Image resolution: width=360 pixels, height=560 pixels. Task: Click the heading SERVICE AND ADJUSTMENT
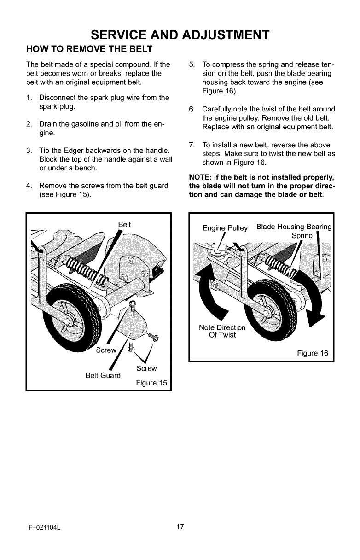(180, 35)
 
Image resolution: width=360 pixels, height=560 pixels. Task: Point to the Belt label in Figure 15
(124, 224)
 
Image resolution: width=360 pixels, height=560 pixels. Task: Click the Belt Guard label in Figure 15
(103, 375)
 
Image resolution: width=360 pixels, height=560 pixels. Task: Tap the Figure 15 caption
(151, 383)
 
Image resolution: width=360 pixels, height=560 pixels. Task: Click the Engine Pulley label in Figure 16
(225, 228)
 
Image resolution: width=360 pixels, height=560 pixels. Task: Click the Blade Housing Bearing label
(294, 227)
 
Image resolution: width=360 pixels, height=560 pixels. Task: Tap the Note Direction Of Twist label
(222, 331)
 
